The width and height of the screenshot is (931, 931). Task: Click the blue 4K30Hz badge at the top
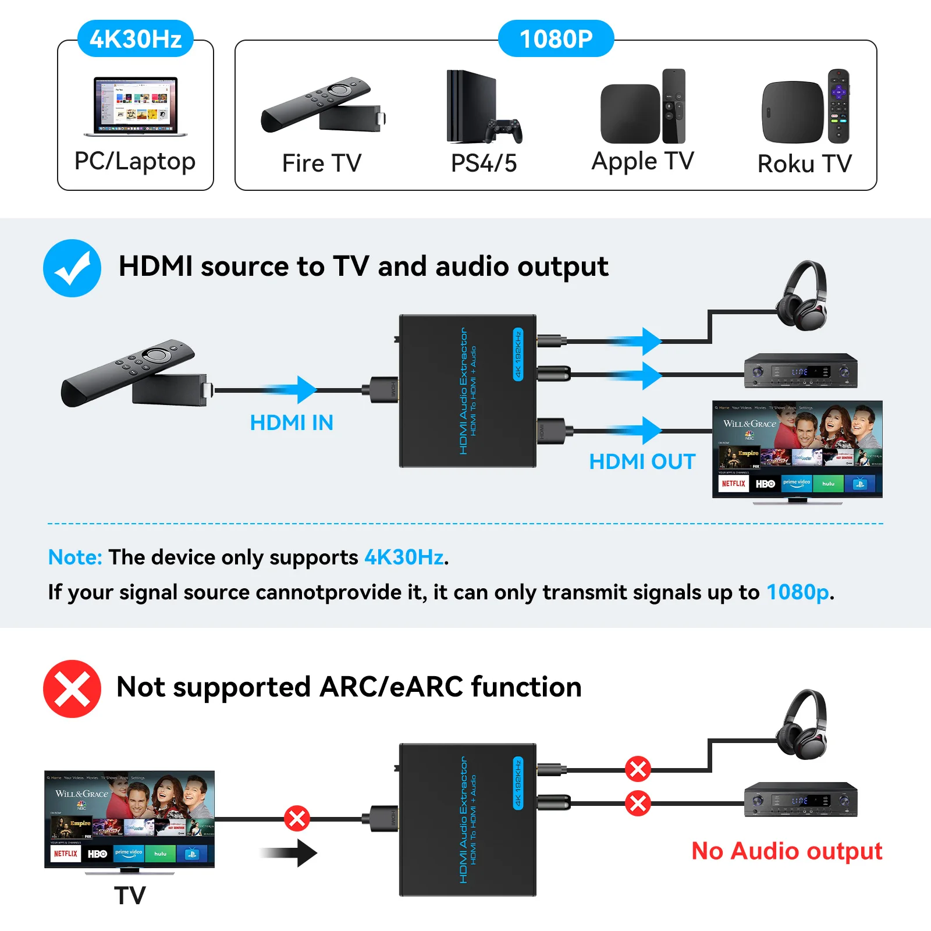[x=136, y=38]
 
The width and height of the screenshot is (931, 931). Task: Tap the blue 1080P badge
[x=556, y=38]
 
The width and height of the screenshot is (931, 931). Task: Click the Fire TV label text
[x=321, y=163]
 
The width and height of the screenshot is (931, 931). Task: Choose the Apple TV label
[x=642, y=161]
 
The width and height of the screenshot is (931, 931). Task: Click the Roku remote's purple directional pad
[x=838, y=92]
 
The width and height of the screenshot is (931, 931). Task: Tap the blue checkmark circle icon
[x=72, y=268]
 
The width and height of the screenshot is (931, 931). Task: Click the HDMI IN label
[x=292, y=422]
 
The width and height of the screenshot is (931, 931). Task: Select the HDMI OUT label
[x=642, y=461]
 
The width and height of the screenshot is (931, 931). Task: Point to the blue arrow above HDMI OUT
[x=637, y=431]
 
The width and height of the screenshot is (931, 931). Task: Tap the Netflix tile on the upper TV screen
[x=733, y=484]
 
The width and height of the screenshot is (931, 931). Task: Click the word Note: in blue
[x=75, y=557]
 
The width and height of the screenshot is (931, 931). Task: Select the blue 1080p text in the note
[x=797, y=592]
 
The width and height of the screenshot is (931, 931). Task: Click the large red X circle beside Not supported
[x=72, y=688]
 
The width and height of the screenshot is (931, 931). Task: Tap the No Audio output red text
[x=786, y=851]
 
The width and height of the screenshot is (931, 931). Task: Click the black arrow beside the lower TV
[x=291, y=853]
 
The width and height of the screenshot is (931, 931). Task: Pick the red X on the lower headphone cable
[x=638, y=769]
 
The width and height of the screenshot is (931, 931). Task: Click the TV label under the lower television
[x=130, y=896]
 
